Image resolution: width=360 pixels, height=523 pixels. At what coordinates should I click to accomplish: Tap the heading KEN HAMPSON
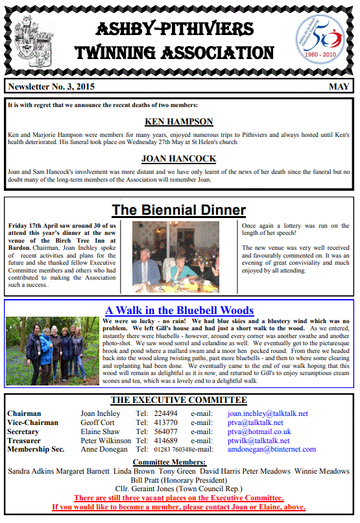coord(180,121)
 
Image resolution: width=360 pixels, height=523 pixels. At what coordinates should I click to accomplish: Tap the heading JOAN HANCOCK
coord(180,158)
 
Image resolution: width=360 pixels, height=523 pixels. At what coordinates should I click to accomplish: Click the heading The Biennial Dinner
coord(179,210)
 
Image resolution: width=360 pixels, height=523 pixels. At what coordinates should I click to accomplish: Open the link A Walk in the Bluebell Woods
coord(180,310)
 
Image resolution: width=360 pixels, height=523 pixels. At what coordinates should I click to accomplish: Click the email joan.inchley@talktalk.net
coord(268,413)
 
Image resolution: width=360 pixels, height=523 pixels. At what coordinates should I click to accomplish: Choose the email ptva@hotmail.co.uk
coord(259,432)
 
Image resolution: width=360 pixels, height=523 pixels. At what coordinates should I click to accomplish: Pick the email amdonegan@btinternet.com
coord(272,449)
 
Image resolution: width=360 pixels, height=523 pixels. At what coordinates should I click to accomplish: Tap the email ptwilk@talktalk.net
coord(259,440)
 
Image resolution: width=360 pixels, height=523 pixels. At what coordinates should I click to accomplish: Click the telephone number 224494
coord(165,413)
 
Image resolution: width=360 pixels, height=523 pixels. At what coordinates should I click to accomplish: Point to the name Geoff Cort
coord(99,422)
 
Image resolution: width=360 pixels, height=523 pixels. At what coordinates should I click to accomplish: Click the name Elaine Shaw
coord(100,432)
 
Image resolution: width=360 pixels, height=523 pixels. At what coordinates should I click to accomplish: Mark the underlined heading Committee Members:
coord(179,461)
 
